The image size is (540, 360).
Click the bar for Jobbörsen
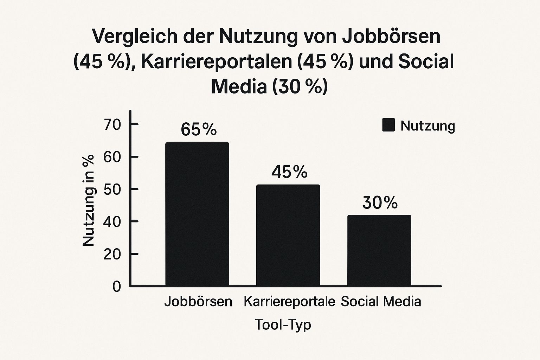coord(197,214)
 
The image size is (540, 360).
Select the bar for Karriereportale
coord(288,235)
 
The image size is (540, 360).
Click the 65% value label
coord(199,130)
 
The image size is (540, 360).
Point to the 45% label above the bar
coord(289,172)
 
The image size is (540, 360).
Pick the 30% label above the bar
coord(380,203)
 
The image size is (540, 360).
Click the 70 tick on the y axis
coord(112,125)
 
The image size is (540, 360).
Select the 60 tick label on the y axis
coord(112,157)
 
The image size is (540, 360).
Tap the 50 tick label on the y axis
coord(112,189)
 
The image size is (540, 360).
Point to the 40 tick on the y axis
coord(112,222)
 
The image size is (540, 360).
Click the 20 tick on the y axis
coord(112,254)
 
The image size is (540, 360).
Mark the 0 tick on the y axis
coord(117,287)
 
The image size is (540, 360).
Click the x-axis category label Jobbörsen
coord(198,302)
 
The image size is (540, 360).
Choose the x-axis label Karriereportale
coord(289,302)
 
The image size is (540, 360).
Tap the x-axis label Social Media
coord(381,302)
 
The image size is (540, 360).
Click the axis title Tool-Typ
coord(283,324)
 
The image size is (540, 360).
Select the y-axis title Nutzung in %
coord(88,200)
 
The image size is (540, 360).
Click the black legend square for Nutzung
coord(388,125)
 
